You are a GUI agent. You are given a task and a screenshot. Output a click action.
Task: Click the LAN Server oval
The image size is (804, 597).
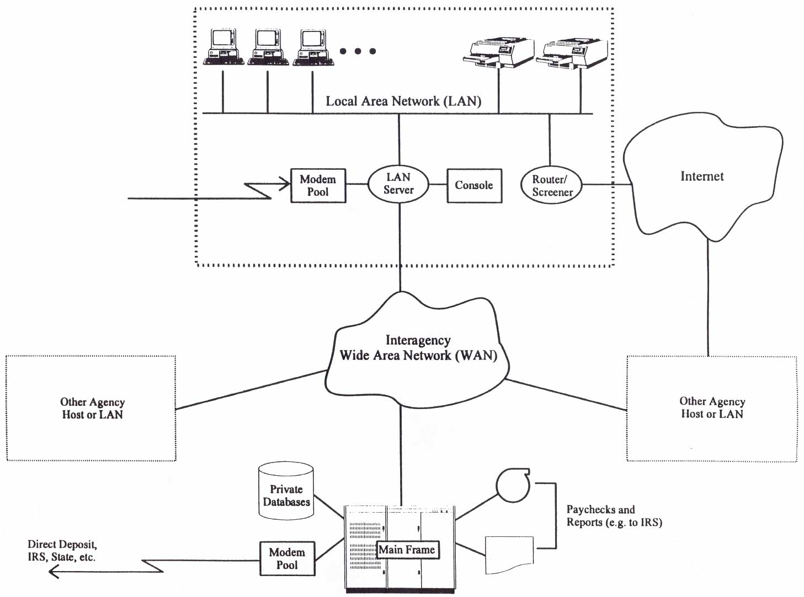[398, 184]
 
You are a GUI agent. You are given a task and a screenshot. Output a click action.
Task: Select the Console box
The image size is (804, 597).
[474, 186]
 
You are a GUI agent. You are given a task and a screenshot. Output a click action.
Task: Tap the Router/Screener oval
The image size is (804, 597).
[551, 186]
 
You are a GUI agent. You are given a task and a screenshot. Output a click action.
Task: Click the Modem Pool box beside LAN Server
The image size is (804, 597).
[318, 186]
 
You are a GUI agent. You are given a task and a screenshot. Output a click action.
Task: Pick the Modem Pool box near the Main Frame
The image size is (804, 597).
[287, 558]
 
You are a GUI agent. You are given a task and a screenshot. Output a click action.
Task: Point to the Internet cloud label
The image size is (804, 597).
[702, 176]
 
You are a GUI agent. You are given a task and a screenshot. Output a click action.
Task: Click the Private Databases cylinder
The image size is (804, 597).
[286, 492]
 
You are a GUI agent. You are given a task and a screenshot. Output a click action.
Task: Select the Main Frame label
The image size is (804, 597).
[407, 550]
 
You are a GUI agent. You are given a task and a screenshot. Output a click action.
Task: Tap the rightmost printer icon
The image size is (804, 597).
[575, 53]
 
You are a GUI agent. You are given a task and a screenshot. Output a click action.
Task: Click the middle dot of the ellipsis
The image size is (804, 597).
[358, 51]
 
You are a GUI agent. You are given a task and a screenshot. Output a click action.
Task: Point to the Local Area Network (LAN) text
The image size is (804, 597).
[403, 101]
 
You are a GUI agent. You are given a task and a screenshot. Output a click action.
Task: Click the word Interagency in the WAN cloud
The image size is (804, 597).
[418, 340]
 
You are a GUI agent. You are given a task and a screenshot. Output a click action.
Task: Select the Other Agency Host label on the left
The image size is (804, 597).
[92, 408]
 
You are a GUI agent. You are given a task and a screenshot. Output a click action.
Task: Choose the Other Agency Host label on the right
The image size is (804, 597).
[712, 408]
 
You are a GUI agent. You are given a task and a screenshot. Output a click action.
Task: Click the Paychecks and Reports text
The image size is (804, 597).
[614, 516]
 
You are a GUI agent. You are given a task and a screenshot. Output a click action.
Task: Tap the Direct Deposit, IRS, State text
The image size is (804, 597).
[62, 551]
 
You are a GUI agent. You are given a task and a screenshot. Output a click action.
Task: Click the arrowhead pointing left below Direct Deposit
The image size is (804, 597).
[54, 572]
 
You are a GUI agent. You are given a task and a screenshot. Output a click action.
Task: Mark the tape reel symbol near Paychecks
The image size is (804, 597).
[513, 485]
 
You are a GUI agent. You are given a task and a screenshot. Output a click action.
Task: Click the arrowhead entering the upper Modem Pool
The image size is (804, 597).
[286, 185]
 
